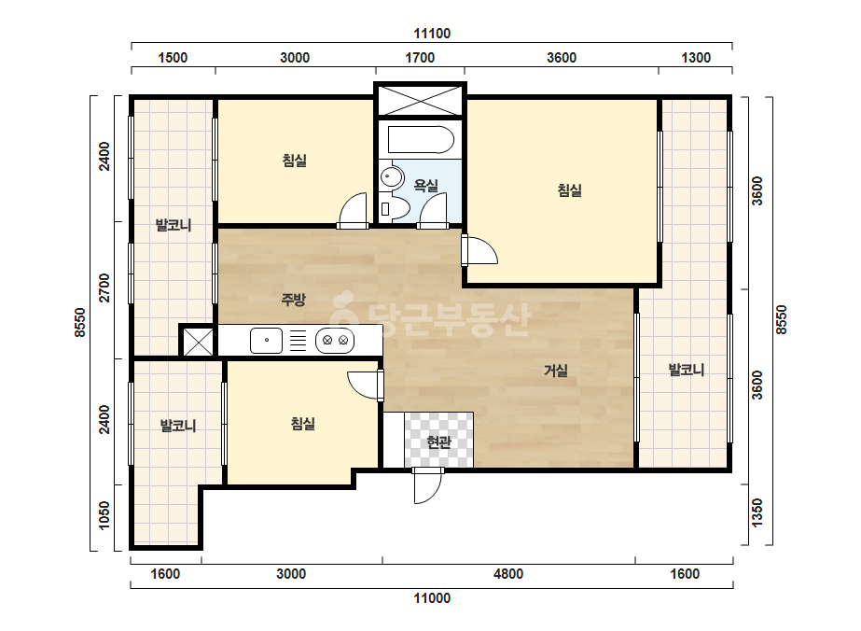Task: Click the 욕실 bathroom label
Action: [x=425, y=186]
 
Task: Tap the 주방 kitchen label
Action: [x=293, y=300]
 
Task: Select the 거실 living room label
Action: [x=556, y=371]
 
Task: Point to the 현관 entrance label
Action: [x=438, y=442]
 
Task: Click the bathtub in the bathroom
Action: [x=421, y=140]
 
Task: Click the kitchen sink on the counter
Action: [x=266, y=340]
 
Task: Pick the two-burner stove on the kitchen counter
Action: [x=335, y=340]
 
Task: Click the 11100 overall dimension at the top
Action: [x=432, y=34]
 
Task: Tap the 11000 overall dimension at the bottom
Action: [x=432, y=598]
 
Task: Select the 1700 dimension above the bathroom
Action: [x=420, y=58]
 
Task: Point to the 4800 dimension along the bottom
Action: [x=507, y=574]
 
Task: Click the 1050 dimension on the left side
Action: [x=104, y=515]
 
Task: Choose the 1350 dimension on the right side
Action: [x=757, y=512]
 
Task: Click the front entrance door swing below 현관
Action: [x=428, y=485]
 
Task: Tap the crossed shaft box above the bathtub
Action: [x=420, y=100]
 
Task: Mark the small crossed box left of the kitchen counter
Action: [x=198, y=342]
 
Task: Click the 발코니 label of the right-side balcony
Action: [x=687, y=370]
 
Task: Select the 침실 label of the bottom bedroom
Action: [x=302, y=424]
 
